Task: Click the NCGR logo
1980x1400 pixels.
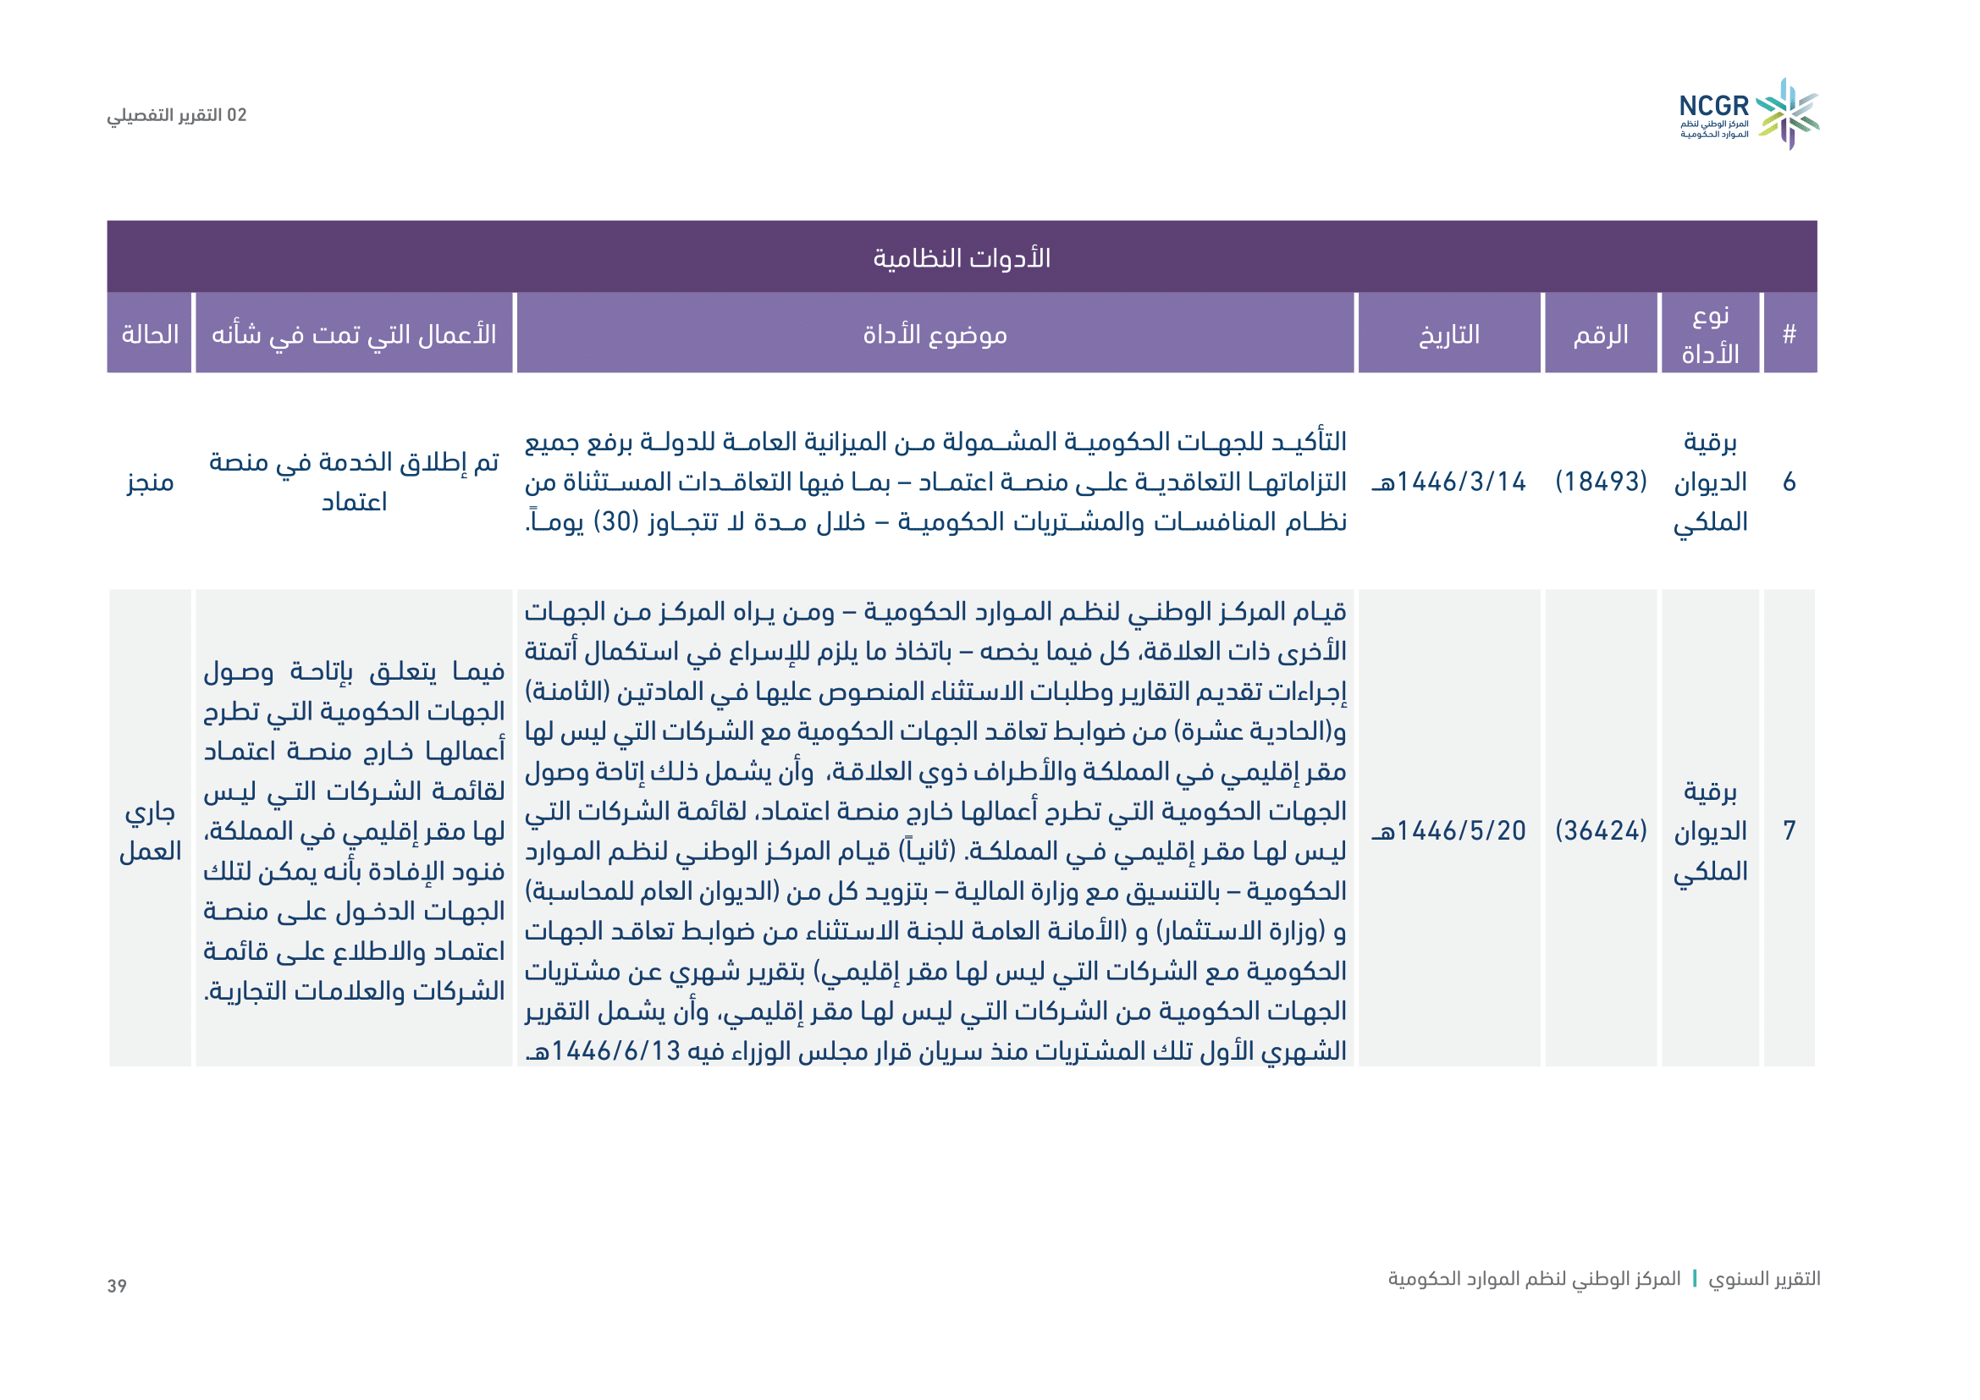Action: (x=1748, y=114)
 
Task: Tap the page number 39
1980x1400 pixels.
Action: (x=118, y=1287)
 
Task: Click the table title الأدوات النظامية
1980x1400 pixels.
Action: (x=962, y=258)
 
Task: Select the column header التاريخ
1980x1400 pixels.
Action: (x=1448, y=334)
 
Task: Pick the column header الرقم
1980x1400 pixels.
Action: (x=1601, y=334)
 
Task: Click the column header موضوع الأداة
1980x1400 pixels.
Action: (x=935, y=334)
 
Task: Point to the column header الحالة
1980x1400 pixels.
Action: (x=150, y=334)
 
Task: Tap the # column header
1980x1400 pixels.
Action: (x=1790, y=334)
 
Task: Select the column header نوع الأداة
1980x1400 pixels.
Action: (x=1710, y=334)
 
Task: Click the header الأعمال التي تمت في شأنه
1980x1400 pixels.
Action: (x=354, y=334)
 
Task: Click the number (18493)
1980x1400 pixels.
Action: (x=1601, y=481)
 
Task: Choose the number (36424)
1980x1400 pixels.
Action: (x=1601, y=830)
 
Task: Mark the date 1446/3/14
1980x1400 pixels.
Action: (x=1448, y=481)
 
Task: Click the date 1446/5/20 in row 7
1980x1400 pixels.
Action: (x=1448, y=830)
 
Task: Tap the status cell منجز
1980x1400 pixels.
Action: (x=150, y=482)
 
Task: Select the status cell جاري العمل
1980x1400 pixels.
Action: (x=150, y=831)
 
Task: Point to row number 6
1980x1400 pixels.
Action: (x=1790, y=482)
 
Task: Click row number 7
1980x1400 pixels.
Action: (x=1790, y=830)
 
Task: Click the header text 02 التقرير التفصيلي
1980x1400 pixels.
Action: (x=177, y=115)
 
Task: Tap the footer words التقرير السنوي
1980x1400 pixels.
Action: (x=1764, y=1278)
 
